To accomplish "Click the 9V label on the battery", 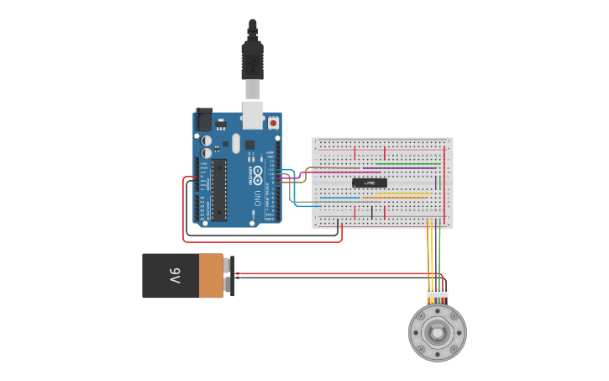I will coord(175,275).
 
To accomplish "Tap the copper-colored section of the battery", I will coord(211,276).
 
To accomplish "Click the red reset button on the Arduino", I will coord(274,123).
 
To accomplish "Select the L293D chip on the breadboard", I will coord(370,183).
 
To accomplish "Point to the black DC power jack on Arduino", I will coord(204,119).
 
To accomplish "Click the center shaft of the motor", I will coord(437,332).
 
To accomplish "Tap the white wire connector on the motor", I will coord(437,294).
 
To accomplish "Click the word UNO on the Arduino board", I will coord(257,198).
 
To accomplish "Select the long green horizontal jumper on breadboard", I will coord(407,163).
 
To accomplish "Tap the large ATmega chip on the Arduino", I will coord(219,189).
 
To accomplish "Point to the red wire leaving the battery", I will coord(336,274).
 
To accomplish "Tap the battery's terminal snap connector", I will coord(228,276).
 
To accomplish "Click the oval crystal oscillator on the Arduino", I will coord(236,143).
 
